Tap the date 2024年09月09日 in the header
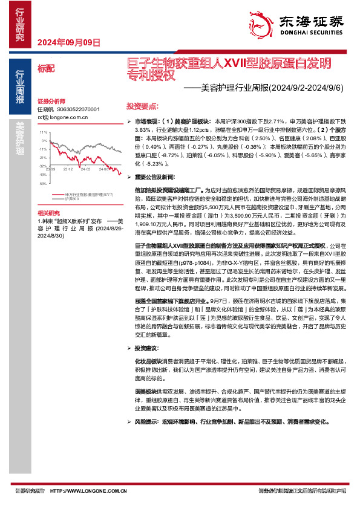tap(68, 42)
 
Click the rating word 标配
tap(45, 68)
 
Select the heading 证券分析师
tap(51, 101)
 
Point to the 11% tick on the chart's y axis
tap(44, 131)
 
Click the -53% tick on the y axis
tap(43, 183)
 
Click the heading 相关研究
tap(48, 213)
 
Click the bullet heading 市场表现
tap(147, 122)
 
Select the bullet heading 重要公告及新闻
tap(154, 177)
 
